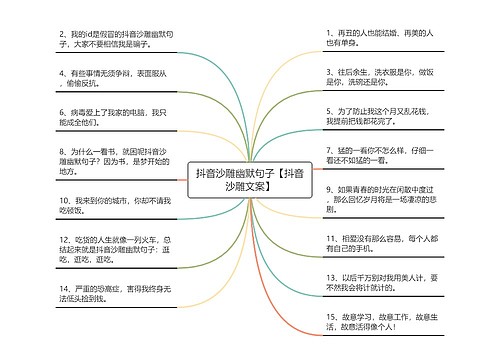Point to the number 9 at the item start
(331, 188)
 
